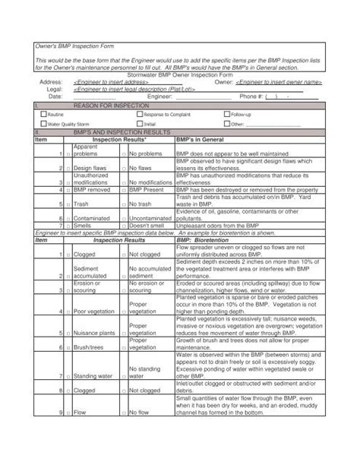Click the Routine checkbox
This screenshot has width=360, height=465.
[x=43, y=113]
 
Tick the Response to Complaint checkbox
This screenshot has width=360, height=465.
[x=139, y=113]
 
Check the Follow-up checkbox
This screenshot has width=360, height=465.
[x=226, y=113]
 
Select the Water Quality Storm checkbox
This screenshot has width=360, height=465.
[x=43, y=123]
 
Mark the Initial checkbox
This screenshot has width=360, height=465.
[x=139, y=123]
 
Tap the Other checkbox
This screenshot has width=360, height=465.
[x=226, y=123]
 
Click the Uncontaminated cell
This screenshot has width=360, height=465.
[x=151, y=217]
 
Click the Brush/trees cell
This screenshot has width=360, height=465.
[x=90, y=346]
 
